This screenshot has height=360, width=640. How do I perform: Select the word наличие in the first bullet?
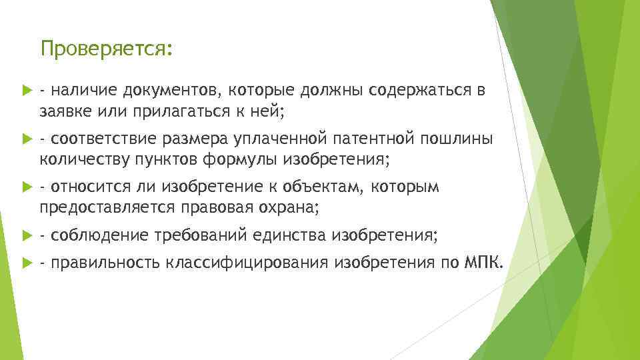coord(82,90)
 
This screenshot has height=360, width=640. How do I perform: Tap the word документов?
coord(165,90)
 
